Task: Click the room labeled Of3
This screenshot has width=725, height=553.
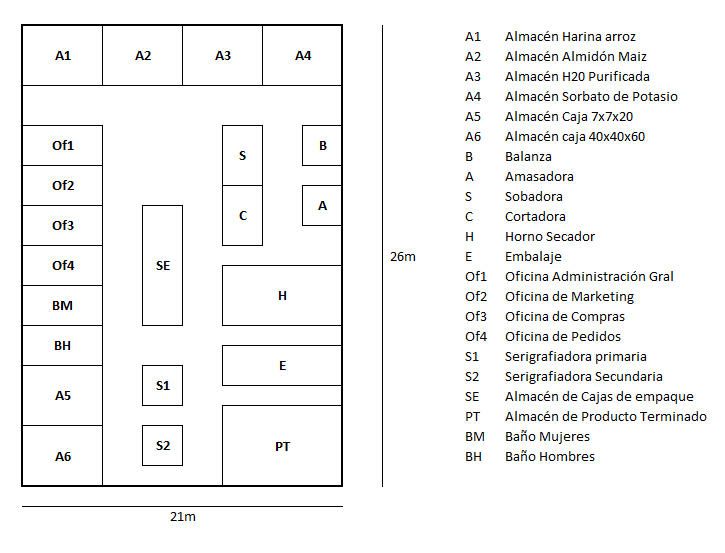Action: click(62, 225)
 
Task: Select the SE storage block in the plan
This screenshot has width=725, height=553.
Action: click(162, 265)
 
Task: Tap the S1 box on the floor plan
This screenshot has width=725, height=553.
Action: click(162, 386)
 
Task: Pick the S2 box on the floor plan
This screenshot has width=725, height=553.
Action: click(162, 445)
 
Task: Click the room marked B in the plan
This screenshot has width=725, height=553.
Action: click(322, 145)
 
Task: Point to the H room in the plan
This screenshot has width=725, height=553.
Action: click(282, 295)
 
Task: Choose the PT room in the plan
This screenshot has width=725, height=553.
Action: click(282, 446)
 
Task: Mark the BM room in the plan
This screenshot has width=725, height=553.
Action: click(62, 305)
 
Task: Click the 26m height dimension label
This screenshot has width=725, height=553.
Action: click(403, 257)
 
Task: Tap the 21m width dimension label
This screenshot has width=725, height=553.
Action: click(183, 516)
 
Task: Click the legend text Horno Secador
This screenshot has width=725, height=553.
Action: click(550, 237)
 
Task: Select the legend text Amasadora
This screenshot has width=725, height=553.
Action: click(539, 177)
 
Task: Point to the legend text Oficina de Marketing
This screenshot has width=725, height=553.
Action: click(569, 297)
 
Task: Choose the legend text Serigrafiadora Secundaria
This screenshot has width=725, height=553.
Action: click(584, 377)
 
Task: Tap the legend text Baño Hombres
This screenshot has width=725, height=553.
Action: click(550, 457)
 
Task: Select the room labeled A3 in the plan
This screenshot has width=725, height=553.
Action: click(222, 55)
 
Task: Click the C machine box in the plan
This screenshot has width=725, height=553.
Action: click(242, 215)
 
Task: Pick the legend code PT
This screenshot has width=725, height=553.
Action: click(473, 417)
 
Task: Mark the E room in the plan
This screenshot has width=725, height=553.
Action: click(282, 365)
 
